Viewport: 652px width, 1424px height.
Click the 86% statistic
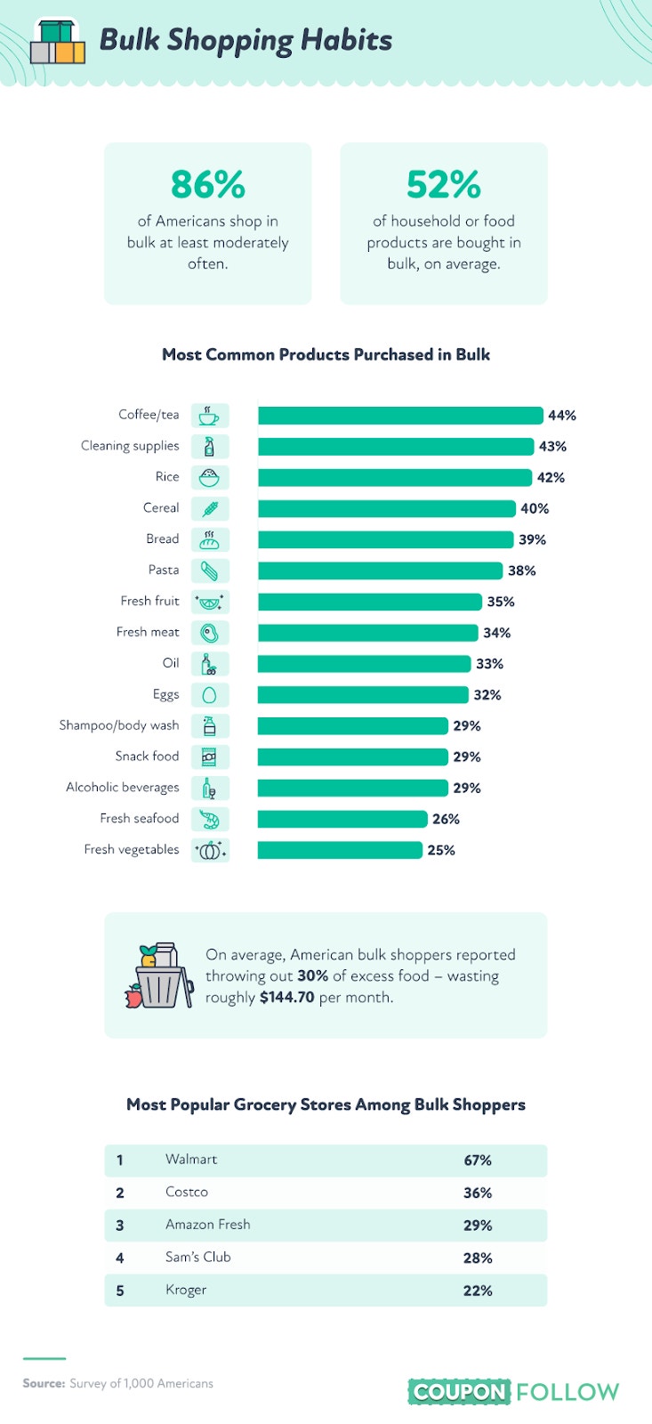click(208, 184)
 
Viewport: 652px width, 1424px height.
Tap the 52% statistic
click(444, 184)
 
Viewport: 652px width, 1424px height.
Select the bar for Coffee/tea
click(400, 415)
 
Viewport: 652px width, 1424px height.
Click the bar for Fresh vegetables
click(340, 850)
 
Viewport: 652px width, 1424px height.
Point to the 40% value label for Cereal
click(535, 508)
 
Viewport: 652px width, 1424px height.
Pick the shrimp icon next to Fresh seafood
click(210, 819)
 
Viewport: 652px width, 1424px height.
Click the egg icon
click(209, 695)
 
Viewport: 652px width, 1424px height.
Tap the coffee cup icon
click(209, 416)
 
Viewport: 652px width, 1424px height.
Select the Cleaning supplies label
click(130, 446)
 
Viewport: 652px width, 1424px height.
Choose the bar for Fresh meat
click(368, 633)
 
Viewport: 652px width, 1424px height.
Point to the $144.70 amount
click(286, 997)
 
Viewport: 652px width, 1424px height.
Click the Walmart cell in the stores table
click(191, 1159)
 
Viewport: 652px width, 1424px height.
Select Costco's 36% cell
click(478, 1193)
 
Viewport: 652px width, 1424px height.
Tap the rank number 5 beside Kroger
click(120, 1290)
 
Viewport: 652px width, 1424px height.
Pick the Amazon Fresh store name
click(208, 1225)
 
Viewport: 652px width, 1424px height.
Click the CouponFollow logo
click(513, 1392)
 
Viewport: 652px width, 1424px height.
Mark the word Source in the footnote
click(44, 1383)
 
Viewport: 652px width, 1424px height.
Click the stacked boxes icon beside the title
click(58, 42)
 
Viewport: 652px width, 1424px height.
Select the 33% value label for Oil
click(490, 664)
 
